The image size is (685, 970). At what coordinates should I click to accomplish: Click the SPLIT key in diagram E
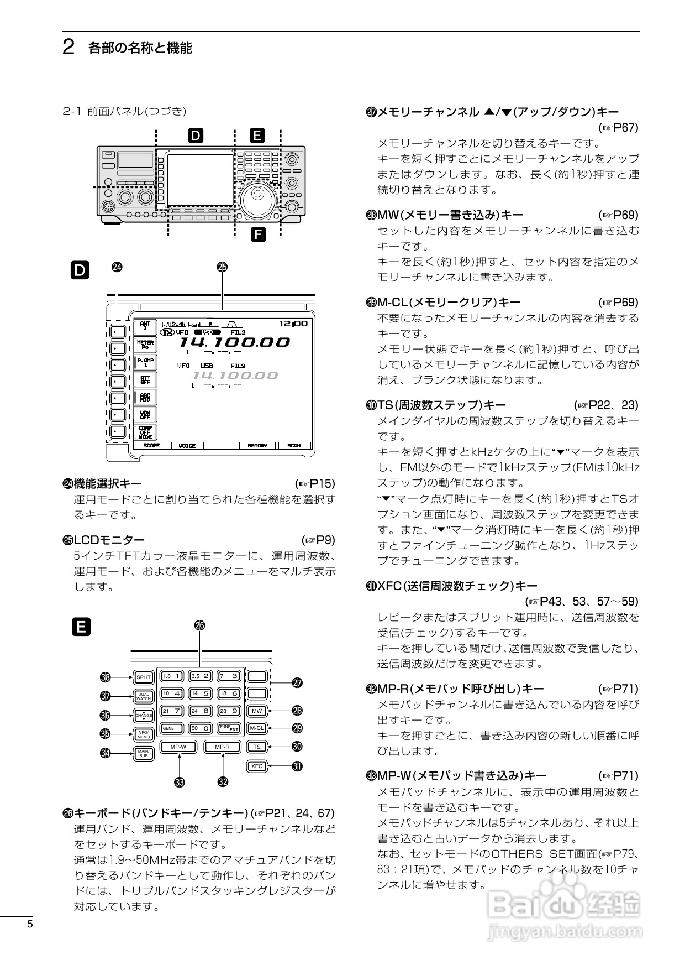coord(144,677)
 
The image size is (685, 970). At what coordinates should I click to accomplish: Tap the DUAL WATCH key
coord(144,697)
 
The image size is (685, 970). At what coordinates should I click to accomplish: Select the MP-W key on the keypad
coord(178,747)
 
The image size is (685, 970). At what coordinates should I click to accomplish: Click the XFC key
coord(257,766)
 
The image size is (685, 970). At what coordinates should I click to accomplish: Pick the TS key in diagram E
coord(257,747)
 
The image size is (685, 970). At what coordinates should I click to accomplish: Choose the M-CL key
coord(257,728)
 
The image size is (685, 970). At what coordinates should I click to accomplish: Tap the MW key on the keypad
coord(257,711)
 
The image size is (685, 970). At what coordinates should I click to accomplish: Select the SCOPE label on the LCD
coord(151,445)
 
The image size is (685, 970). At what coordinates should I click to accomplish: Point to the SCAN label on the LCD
coord(294,445)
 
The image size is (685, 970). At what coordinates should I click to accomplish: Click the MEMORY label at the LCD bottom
coord(257,445)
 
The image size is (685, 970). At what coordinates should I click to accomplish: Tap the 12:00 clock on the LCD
coord(293,324)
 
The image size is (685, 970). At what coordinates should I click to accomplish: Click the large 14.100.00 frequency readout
coord(235,342)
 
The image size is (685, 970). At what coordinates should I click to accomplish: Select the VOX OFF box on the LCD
coord(145,415)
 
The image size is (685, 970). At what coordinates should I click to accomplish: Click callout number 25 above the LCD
coord(222,267)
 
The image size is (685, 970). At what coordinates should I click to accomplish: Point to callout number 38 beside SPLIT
coord(105,677)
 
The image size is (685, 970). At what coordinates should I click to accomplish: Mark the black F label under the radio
coord(258,234)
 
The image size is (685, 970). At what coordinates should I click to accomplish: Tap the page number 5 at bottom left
coord(30,925)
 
